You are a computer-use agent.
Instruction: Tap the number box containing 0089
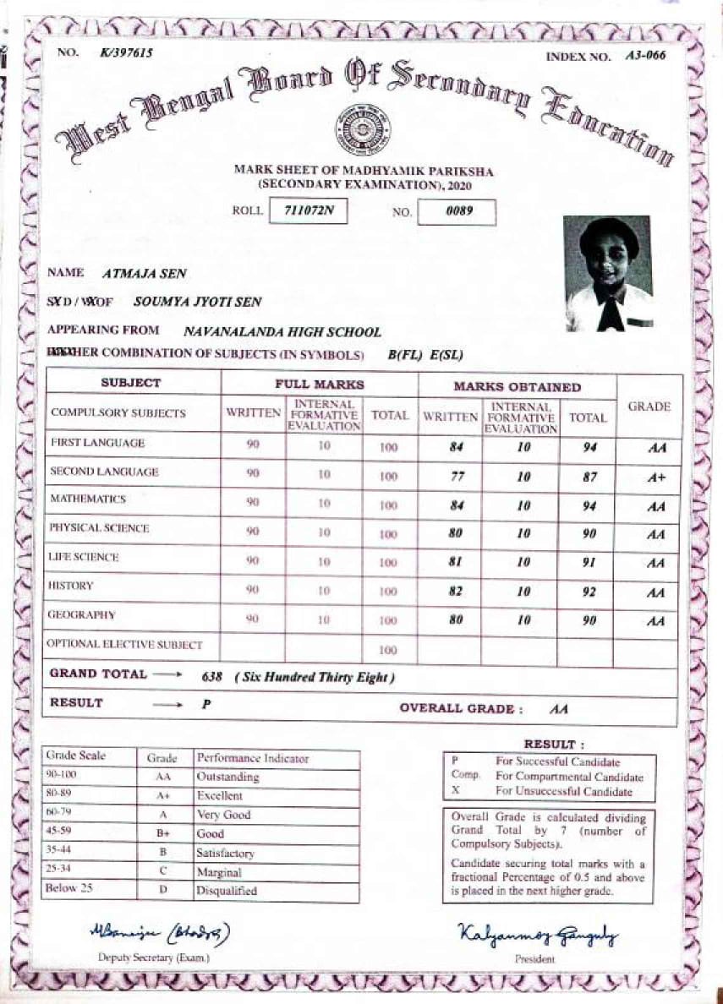(x=457, y=211)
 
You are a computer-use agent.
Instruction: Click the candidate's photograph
(x=608, y=274)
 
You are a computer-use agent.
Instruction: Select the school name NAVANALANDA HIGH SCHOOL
(x=282, y=333)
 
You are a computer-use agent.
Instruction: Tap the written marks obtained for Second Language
(x=458, y=477)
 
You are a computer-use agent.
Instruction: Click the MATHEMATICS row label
(x=88, y=499)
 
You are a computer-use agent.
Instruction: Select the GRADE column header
(x=649, y=407)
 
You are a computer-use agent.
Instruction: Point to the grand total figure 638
(x=213, y=677)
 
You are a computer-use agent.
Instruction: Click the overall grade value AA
(x=558, y=710)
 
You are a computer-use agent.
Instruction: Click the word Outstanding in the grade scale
(x=227, y=777)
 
